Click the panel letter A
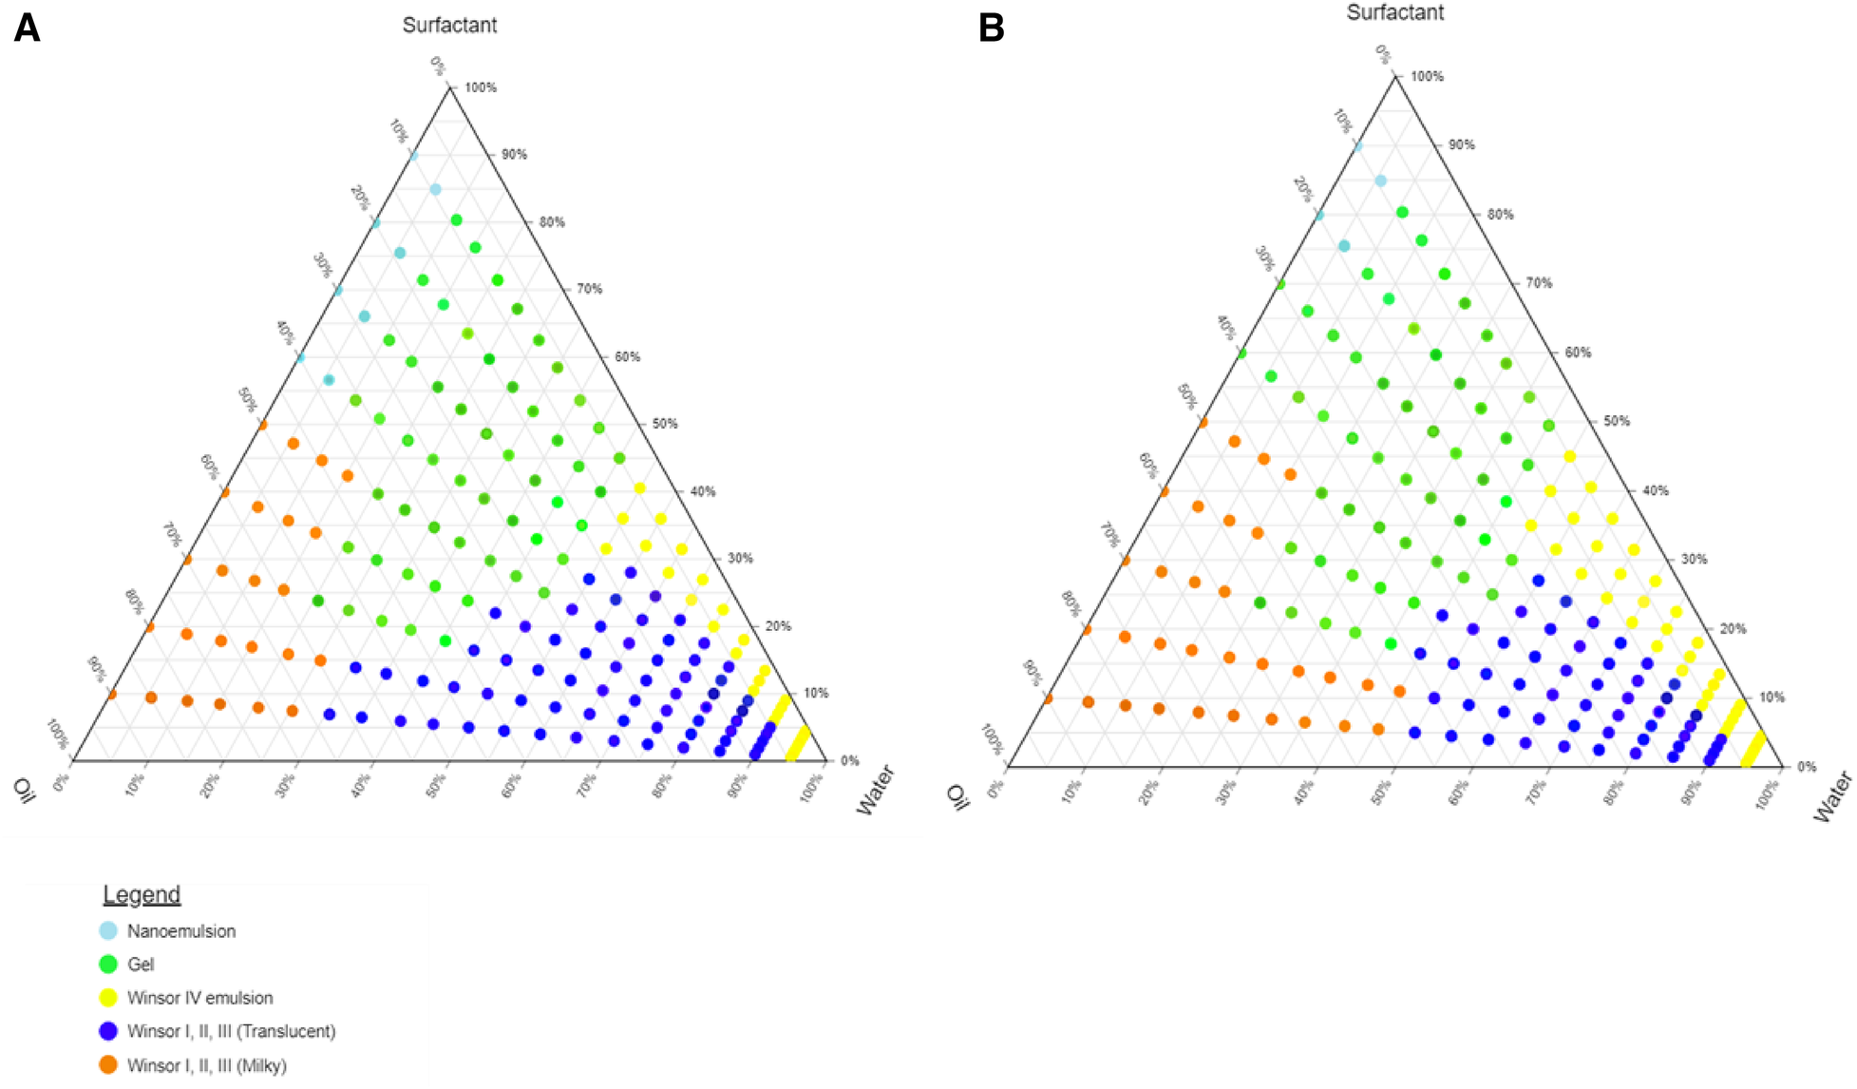tap(27, 29)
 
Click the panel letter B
tap(991, 29)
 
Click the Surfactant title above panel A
tap(449, 26)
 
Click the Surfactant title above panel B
tap(1394, 13)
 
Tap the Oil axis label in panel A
tap(25, 790)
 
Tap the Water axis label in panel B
tap(1832, 797)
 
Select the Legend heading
tap(142, 895)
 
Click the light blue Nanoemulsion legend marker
tap(108, 931)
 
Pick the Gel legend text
tap(141, 965)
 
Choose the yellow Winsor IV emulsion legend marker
tap(108, 998)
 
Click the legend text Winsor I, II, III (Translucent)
tap(231, 1031)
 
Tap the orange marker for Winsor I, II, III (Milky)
tap(108, 1065)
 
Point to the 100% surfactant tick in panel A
tap(480, 87)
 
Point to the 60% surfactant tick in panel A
tap(627, 357)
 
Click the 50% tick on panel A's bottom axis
tap(435, 785)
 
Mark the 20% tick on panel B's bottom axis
tap(1149, 792)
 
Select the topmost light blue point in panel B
tap(1358, 146)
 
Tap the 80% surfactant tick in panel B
tap(1500, 215)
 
